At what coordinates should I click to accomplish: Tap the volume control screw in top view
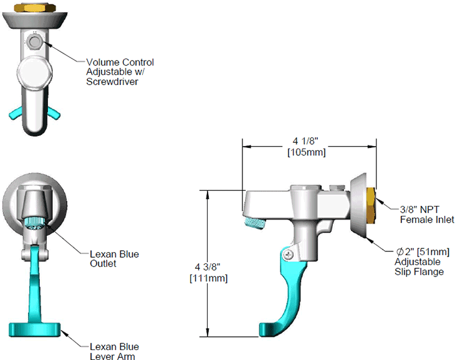pyautogui.click(x=34, y=42)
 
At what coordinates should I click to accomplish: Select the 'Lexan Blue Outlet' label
pyautogui.click(x=113, y=259)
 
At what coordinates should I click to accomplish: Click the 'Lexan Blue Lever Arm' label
pyautogui.click(x=113, y=351)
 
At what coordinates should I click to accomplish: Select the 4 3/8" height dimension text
pyautogui.click(x=208, y=268)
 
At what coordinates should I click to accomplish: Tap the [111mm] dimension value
pyautogui.click(x=208, y=278)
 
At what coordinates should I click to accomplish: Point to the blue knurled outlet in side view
pyautogui.click(x=254, y=218)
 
